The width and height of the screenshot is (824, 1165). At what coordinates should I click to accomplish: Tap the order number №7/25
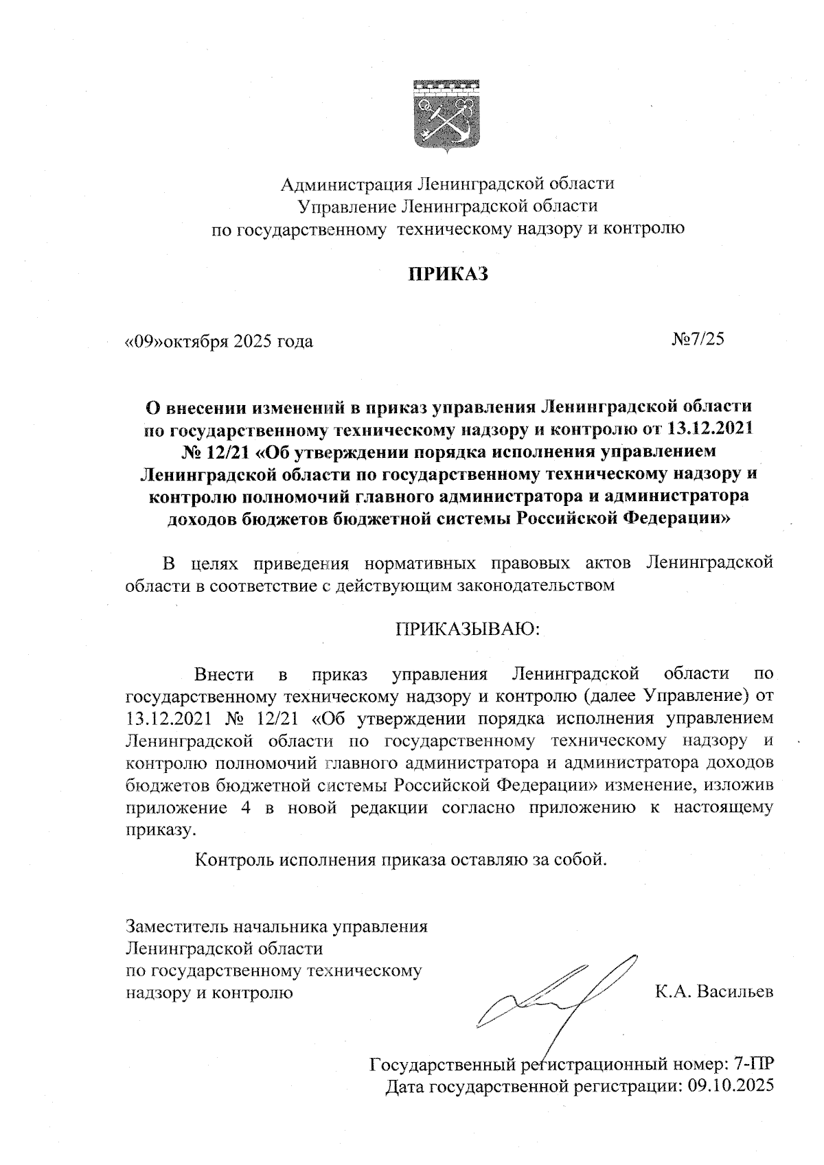coord(698,339)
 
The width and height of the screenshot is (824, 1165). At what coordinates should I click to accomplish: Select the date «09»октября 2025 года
coord(218,341)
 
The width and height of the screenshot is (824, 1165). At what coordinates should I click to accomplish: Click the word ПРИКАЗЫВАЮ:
coord(468,629)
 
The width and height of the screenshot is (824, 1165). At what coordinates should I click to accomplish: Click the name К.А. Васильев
coord(714,992)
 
